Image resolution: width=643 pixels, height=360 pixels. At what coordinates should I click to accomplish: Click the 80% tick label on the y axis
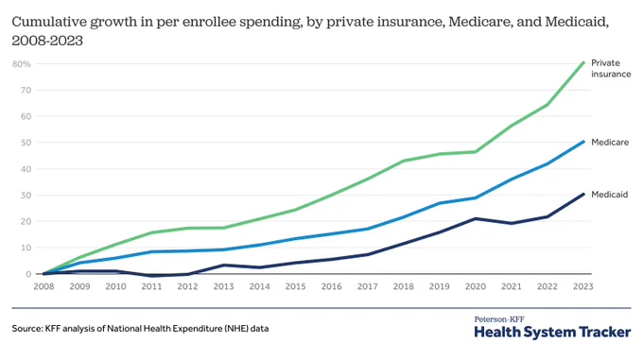point(22,64)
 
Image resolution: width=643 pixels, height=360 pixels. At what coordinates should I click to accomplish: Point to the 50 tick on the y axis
point(26,143)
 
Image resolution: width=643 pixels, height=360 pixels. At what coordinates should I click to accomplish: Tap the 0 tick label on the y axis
point(28,274)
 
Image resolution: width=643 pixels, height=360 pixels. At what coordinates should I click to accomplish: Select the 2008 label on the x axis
point(43,286)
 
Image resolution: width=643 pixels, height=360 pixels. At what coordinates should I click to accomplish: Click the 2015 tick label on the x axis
point(295,286)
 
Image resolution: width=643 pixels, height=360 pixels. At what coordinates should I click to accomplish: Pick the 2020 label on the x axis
point(476,286)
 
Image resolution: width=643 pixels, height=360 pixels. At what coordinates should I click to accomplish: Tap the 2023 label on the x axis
point(582,286)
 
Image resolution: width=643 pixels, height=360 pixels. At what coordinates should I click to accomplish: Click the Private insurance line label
point(611,68)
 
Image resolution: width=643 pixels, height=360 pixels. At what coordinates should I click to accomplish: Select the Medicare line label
point(610,142)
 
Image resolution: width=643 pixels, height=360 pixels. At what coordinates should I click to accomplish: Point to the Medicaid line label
point(609,195)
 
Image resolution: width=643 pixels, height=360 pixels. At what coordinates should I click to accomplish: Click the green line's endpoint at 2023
point(583,62)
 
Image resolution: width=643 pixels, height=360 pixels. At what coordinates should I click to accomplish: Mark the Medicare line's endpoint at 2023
point(583,142)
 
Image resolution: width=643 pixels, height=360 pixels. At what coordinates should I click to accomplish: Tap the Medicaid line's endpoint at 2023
point(583,194)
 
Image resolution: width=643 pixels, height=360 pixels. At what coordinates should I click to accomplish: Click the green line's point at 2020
point(476,152)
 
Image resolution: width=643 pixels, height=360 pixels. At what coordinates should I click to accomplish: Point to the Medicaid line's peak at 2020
point(476,218)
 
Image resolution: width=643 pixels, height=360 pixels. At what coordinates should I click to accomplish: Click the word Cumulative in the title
point(48,22)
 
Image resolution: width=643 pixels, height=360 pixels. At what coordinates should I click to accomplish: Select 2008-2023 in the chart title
point(47,41)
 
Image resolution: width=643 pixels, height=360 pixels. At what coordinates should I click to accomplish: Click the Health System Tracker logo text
point(552,333)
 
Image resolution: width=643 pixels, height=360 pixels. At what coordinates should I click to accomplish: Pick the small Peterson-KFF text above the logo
point(499,319)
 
